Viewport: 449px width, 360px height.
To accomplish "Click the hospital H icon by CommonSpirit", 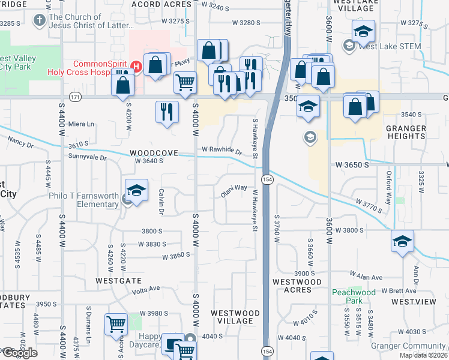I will (137, 65).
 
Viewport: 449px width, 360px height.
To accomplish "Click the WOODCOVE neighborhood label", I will (154, 153).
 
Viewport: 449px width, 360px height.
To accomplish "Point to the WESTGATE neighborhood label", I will (118, 280).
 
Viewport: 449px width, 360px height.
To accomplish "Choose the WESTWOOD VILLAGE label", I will (235, 317).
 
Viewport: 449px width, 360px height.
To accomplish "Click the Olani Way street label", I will (234, 190).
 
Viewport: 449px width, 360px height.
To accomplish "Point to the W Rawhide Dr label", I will (221, 149).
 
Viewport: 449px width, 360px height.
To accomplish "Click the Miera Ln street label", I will (82, 124).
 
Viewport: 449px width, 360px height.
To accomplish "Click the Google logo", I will (20, 353).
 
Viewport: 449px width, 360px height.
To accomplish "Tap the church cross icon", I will (40, 22).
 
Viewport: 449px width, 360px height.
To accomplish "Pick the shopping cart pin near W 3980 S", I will (116, 325).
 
